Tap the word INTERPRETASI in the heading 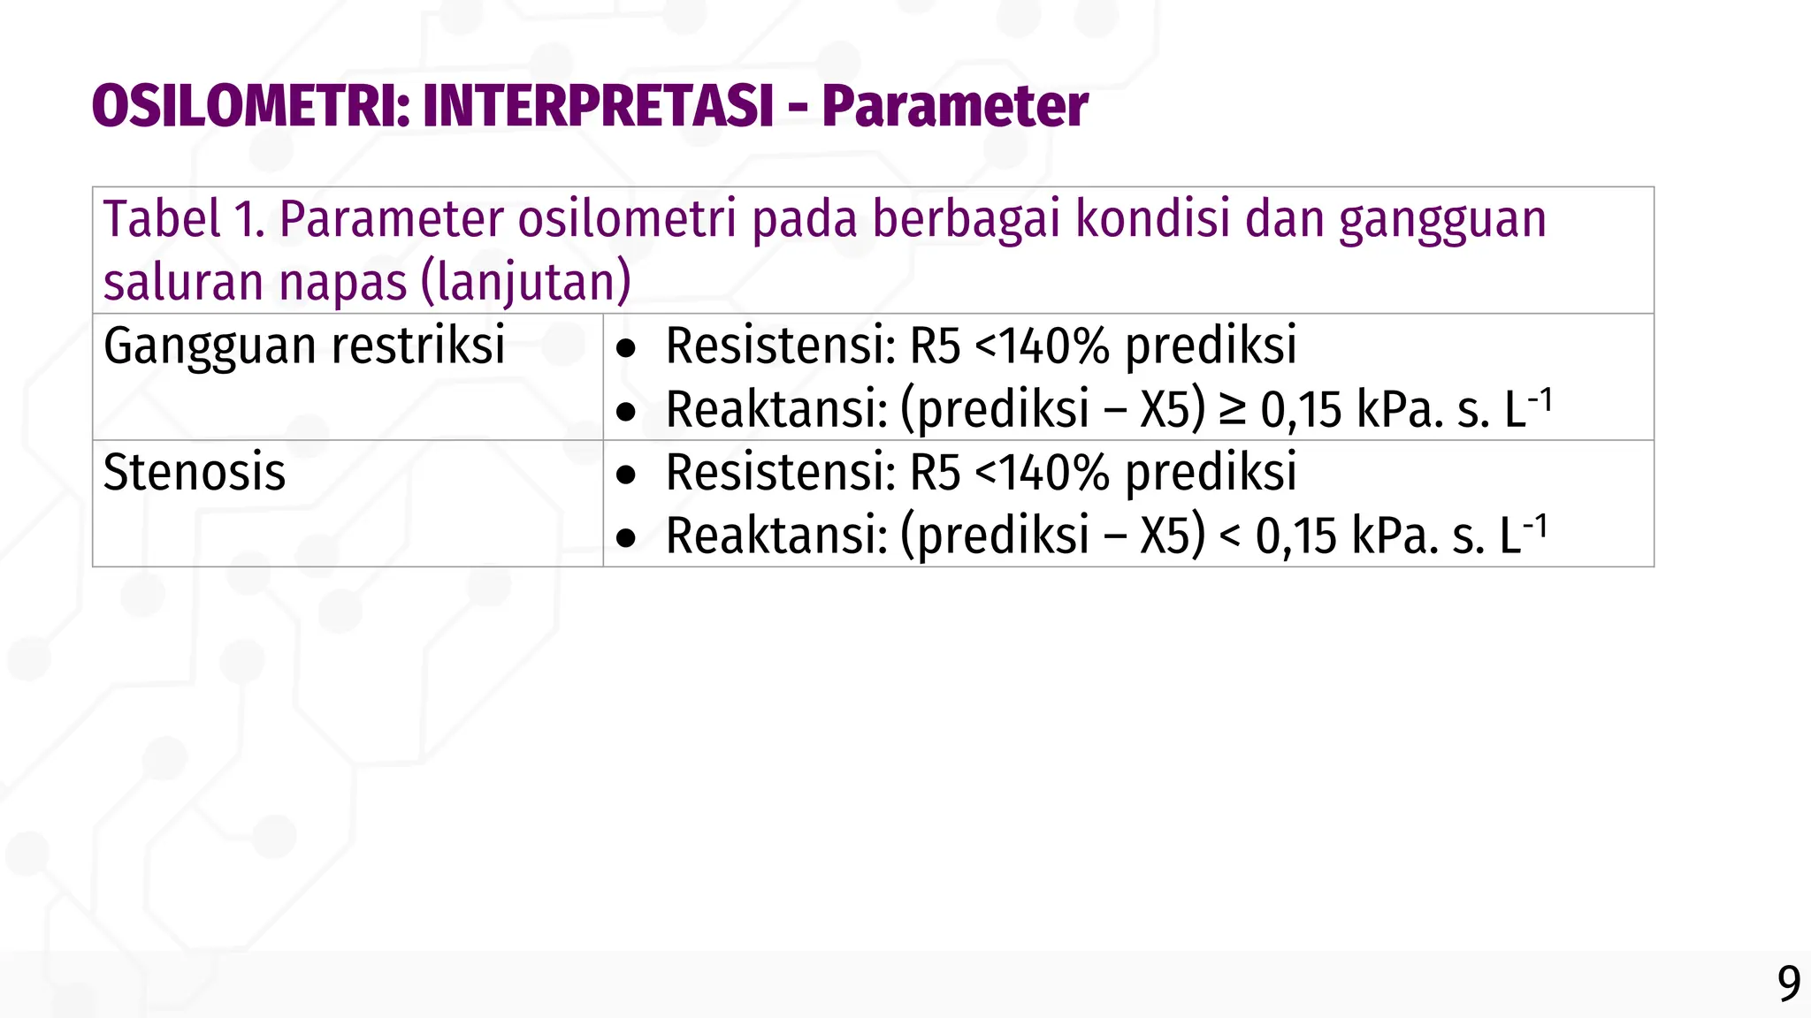click(599, 107)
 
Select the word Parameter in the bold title click(955, 107)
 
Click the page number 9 click(1789, 984)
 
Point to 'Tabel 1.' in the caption click(184, 219)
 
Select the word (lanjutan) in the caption click(526, 283)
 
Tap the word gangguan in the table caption click(1442, 221)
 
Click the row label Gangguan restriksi click(304, 346)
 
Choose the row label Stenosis click(195, 472)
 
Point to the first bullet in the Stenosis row click(626, 475)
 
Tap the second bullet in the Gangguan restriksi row click(626, 412)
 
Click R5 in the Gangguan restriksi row click(935, 346)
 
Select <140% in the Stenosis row click(1043, 472)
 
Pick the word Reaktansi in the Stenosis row click(776, 536)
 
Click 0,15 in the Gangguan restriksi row click(1297, 410)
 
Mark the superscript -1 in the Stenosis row click(1537, 526)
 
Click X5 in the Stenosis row click(1170, 536)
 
